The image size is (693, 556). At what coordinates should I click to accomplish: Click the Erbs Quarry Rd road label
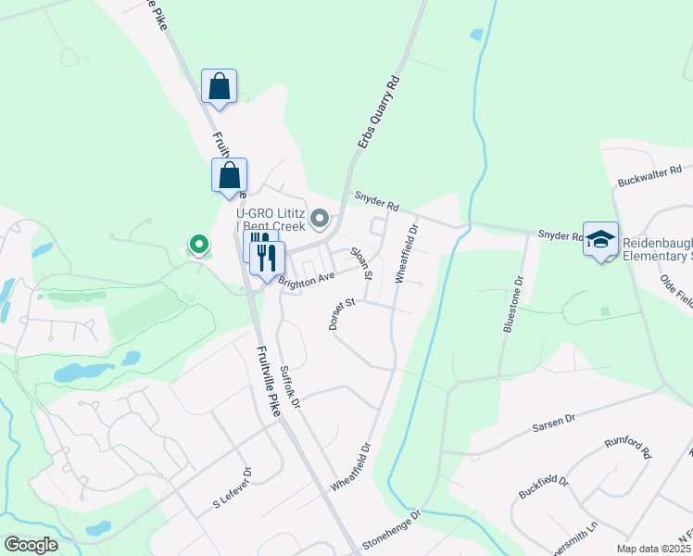379,113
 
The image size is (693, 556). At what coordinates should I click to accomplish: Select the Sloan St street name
360,263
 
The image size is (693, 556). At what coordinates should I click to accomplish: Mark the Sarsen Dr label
553,423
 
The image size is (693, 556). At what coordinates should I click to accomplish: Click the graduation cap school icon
600,238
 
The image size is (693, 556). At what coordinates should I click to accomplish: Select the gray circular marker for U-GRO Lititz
320,219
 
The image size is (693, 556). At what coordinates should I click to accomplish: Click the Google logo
31,545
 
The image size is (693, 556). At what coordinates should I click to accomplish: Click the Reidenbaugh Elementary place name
657,247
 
